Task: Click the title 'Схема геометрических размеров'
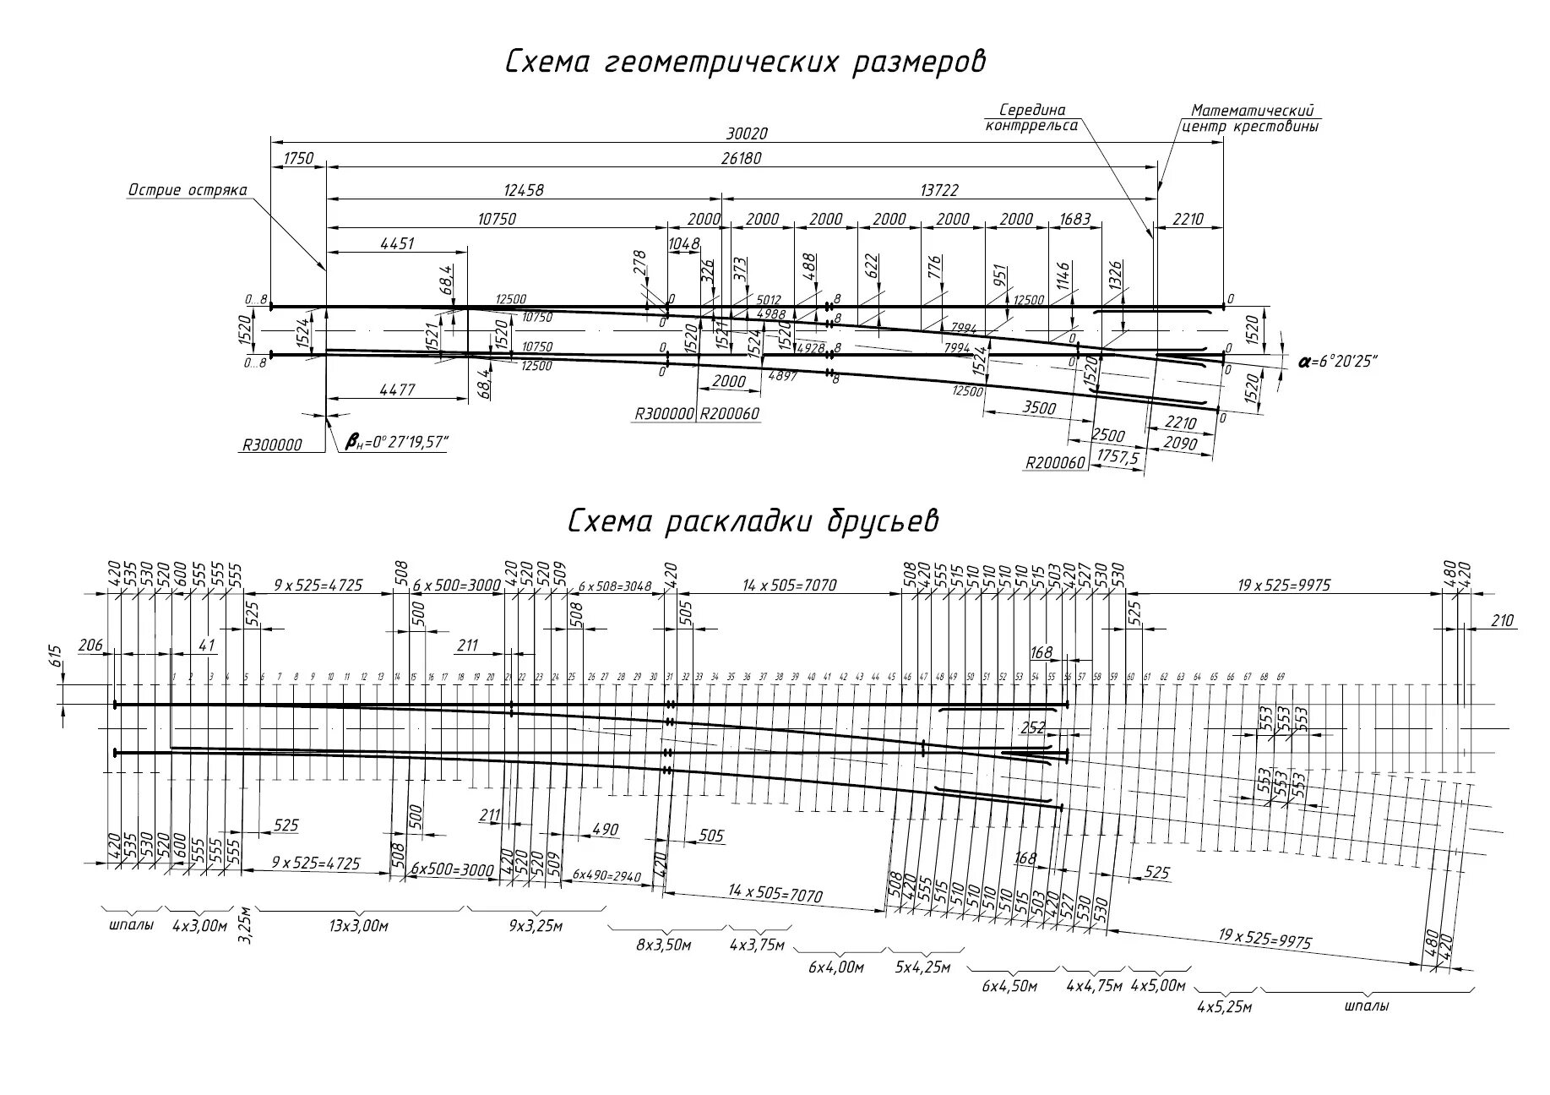pyautogui.click(x=745, y=63)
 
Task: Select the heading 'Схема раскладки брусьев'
pyautogui.click(x=753, y=521)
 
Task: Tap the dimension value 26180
pyautogui.click(x=742, y=158)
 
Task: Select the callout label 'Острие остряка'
pyautogui.click(x=187, y=190)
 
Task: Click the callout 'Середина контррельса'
pyautogui.click(x=1031, y=117)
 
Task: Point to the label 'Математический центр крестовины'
pyautogui.click(x=1254, y=118)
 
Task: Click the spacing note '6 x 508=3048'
pyautogui.click(x=614, y=586)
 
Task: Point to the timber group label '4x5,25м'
pyautogui.click(x=1224, y=1006)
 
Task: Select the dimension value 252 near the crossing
pyautogui.click(x=1032, y=727)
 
